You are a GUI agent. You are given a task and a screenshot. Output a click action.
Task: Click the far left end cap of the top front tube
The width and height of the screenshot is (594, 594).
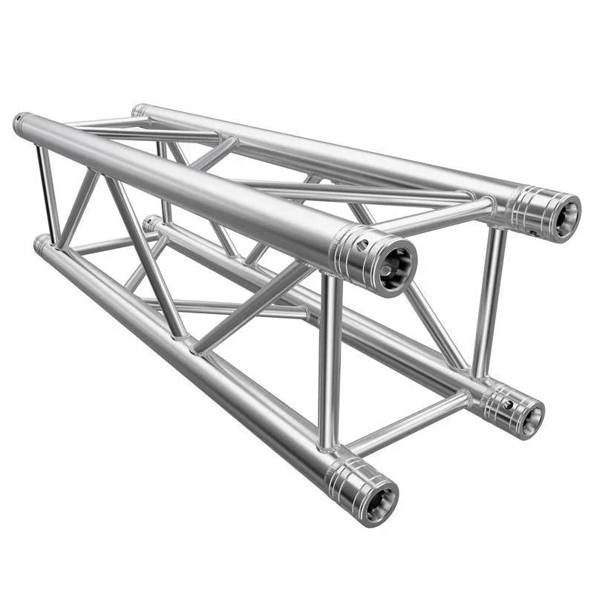tap(20, 123)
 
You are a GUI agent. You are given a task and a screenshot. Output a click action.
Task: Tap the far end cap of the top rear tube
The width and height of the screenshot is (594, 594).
tap(138, 111)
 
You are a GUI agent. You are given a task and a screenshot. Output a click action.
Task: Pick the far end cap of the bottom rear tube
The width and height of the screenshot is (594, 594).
tap(150, 223)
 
